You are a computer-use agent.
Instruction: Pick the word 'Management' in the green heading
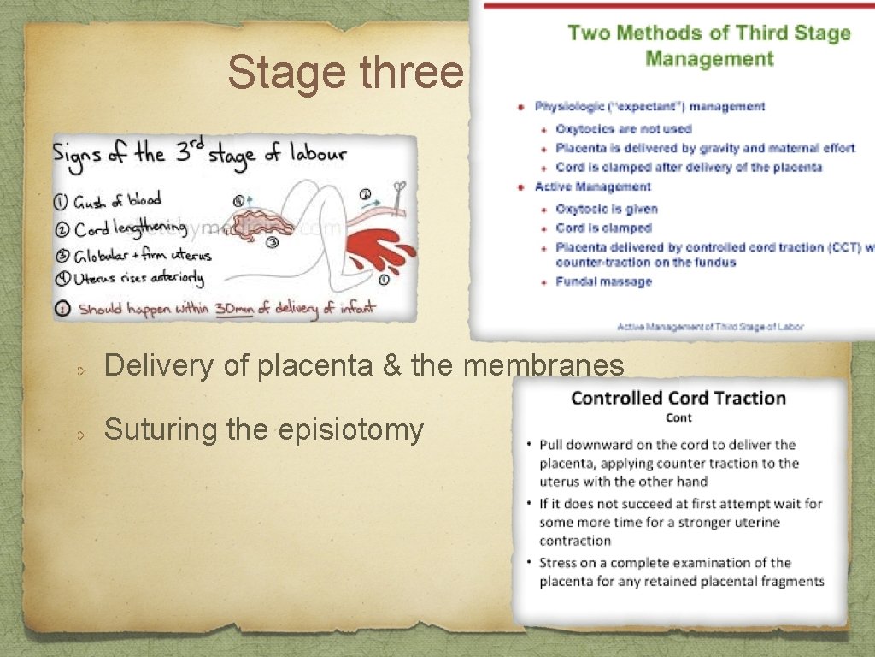point(709,59)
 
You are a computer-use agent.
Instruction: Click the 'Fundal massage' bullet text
point(603,281)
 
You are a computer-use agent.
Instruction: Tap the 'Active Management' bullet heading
point(593,187)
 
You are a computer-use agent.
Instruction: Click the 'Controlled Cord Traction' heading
point(678,398)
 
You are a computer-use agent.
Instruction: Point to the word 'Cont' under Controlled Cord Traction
point(678,417)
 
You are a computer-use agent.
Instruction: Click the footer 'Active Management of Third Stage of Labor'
point(709,326)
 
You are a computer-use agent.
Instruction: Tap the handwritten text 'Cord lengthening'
point(130,228)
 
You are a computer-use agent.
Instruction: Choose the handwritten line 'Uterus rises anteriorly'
point(140,278)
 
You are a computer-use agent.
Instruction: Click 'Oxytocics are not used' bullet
point(624,129)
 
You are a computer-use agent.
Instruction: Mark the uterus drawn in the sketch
point(256,224)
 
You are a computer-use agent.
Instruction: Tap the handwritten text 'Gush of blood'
point(116,203)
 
